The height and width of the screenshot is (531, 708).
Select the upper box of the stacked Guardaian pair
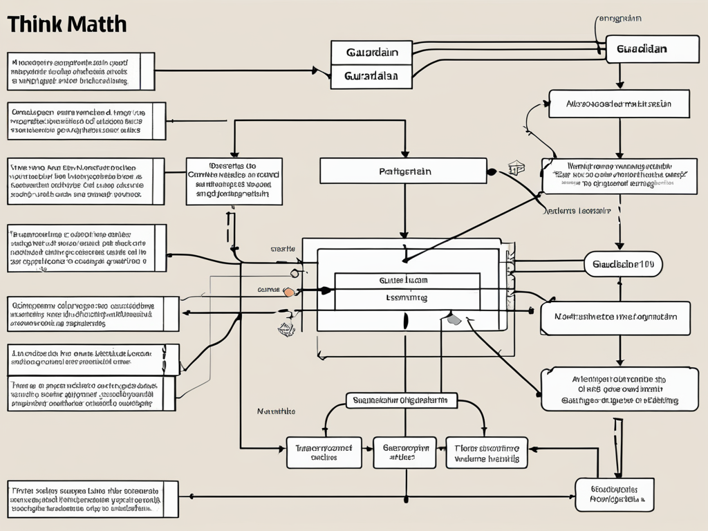(371, 53)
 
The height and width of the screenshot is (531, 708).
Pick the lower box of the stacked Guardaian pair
(371, 77)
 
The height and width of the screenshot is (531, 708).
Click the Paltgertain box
(403, 171)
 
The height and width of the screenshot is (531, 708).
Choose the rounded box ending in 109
(622, 263)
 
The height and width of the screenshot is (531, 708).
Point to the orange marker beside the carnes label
(289, 292)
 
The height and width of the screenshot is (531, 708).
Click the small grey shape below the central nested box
(454, 319)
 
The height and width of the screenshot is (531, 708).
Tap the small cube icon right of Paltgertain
(514, 168)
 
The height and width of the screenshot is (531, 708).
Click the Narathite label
(276, 411)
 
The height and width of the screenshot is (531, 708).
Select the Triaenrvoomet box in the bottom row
(324, 452)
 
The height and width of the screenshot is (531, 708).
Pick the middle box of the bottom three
(404, 452)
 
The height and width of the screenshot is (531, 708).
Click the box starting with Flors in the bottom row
(487, 452)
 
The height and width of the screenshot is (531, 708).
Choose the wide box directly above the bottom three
(401, 400)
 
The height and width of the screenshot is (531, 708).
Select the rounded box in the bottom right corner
(615, 494)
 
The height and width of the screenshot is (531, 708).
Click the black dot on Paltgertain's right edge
(491, 171)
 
